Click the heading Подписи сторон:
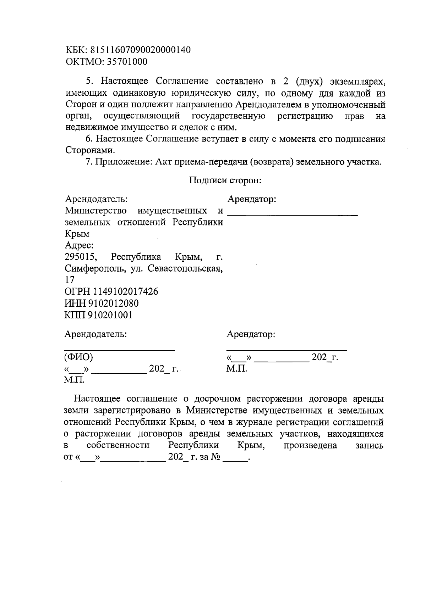point(225,180)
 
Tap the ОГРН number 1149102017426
point(126,292)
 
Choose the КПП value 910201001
point(112,315)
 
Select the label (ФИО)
point(78,357)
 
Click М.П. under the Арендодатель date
point(74,380)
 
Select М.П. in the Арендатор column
point(236,369)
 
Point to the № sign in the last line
point(215,457)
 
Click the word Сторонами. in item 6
point(90,150)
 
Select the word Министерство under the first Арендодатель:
point(96,211)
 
